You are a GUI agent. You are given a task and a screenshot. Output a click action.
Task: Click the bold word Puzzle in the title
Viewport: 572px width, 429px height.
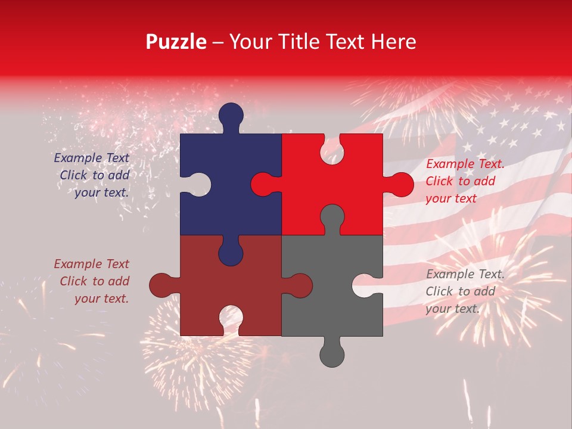coord(176,42)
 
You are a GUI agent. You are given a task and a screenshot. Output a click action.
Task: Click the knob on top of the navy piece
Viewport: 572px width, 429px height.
coord(231,116)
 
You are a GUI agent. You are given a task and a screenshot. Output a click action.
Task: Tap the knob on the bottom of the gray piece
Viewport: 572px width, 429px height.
coord(332,354)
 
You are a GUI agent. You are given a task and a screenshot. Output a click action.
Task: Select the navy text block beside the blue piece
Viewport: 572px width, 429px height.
coord(92,175)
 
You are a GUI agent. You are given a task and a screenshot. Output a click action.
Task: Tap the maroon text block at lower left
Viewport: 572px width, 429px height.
coord(92,281)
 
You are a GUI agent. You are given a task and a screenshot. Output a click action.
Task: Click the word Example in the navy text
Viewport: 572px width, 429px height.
coord(74,158)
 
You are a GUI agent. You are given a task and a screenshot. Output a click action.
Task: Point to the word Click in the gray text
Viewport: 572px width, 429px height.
coord(439,291)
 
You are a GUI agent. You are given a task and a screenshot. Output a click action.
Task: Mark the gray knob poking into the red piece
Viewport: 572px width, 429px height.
coord(332,217)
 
